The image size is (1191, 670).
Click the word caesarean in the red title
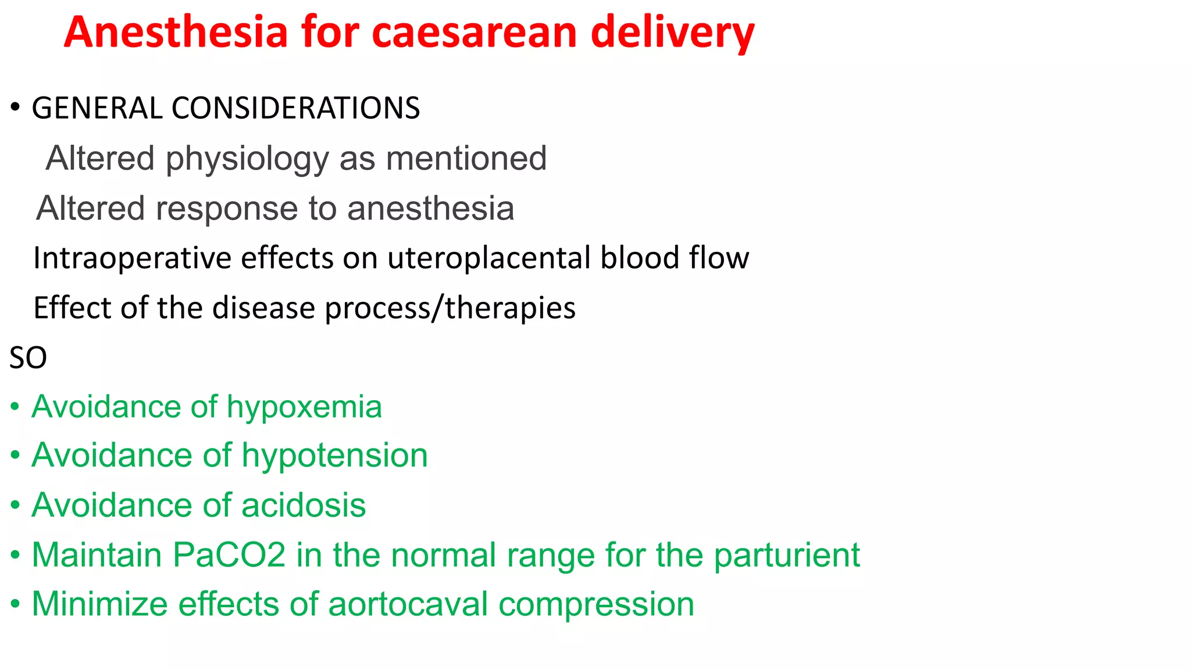coord(475,33)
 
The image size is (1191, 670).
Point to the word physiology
coord(247,159)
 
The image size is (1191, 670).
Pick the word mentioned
coord(466,158)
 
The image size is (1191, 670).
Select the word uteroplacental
coord(489,258)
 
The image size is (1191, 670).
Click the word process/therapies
coord(450,308)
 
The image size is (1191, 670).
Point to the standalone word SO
coord(28,358)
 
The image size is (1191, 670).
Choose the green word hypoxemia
coord(304,407)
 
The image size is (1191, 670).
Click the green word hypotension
coord(334,455)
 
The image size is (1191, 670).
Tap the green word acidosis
coord(303,505)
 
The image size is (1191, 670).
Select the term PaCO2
coord(229,555)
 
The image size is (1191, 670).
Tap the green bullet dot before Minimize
coord(16,604)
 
